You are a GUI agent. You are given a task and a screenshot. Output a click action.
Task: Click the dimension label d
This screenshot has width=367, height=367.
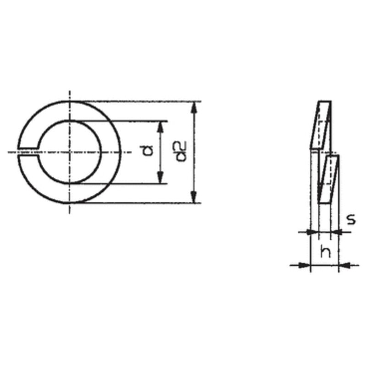pos(146,150)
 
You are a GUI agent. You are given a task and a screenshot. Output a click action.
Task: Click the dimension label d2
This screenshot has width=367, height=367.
pos(181,151)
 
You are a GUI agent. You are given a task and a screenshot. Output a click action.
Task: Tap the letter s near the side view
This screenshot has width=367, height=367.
pos(351,219)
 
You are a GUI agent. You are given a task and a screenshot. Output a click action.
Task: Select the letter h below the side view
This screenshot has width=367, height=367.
pos(326,251)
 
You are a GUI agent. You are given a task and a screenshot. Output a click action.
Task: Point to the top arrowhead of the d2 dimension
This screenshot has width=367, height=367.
pos(194,108)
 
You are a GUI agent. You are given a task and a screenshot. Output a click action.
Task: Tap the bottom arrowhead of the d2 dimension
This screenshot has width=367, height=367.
pos(194,197)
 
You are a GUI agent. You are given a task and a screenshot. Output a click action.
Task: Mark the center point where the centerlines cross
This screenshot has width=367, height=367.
pos(70,152)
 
